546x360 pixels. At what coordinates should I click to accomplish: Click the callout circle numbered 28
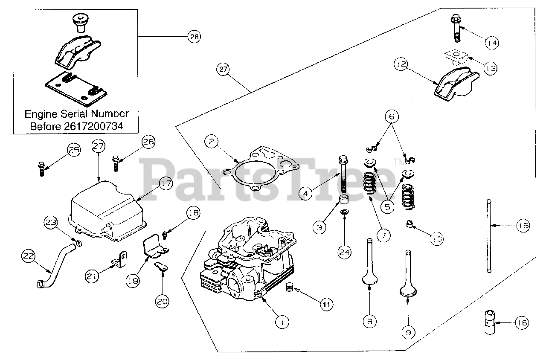[x=194, y=37]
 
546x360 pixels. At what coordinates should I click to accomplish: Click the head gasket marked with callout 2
[x=261, y=169]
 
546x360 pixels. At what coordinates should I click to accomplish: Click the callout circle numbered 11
[x=325, y=304]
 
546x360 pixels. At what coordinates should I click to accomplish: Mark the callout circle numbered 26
[x=149, y=142]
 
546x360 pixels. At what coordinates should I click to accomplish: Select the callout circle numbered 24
[x=344, y=252]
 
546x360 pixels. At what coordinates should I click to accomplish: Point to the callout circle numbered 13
[x=491, y=69]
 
